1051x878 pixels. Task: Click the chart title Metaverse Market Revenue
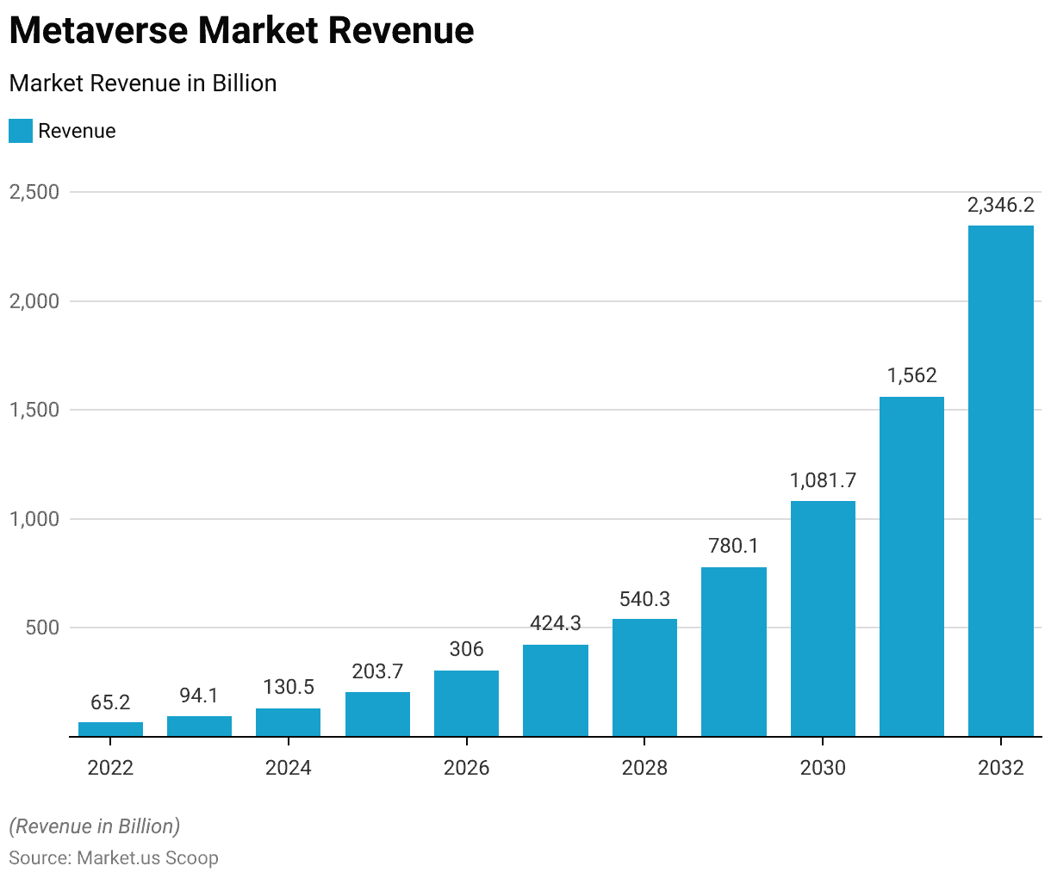pyautogui.click(x=241, y=31)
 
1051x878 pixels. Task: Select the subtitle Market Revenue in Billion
pyautogui.click(x=143, y=83)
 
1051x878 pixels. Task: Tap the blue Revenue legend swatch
pyautogui.click(x=21, y=131)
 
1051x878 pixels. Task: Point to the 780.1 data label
pyautogui.click(x=733, y=546)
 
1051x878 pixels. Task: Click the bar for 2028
pyautogui.click(x=644, y=677)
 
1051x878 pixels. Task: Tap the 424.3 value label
pyautogui.click(x=556, y=622)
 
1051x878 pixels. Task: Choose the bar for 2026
pyautogui.click(x=466, y=703)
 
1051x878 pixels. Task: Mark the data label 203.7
pyautogui.click(x=377, y=671)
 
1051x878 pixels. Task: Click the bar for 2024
pyautogui.click(x=289, y=722)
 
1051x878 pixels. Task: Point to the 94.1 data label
pyautogui.click(x=199, y=695)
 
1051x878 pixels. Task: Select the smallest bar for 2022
pyautogui.click(x=110, y=729)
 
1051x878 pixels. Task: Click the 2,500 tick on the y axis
pyautogui.click(x=34, y=192)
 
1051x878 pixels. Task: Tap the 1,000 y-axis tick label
pyautogui.click(x=34, y=519)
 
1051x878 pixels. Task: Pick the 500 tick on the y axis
pyautogui.click(x=42, y=628)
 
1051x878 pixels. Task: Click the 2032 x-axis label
pyautogui.click(x=1000, y=767)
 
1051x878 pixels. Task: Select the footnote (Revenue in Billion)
pyautogui.click(x=95, y=826)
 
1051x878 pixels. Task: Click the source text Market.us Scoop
pyautogui.click(x=147, y=858)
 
